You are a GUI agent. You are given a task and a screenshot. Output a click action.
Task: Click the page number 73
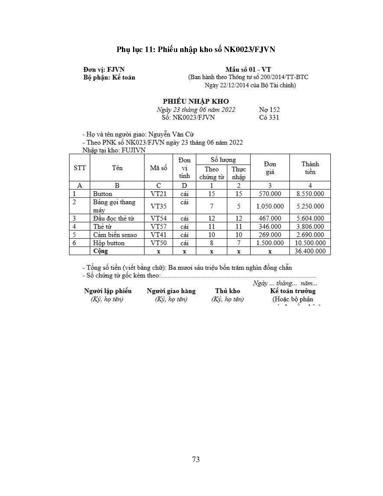tap(196, 459)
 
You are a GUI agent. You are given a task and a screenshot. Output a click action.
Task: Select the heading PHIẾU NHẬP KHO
tap(196, 101)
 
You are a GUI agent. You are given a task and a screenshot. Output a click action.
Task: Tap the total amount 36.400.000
tap(310, 251)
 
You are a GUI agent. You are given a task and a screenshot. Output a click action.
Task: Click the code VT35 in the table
tap(158, 206)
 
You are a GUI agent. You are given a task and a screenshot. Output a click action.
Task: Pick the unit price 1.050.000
tap(270, 206)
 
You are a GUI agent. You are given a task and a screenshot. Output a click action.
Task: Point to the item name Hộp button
tap(109, 243)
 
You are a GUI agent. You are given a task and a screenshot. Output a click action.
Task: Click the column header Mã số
tap(158, 168)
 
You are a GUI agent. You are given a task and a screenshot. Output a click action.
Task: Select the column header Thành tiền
tap(310, 168)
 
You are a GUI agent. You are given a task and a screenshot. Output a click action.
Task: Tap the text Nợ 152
tap(269, 110)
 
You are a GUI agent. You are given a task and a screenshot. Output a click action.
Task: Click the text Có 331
tap(269, 118)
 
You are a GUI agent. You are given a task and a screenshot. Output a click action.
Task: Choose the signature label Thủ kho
tap(227, 291)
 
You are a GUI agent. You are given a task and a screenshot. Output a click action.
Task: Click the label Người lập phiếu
tap(108, 291)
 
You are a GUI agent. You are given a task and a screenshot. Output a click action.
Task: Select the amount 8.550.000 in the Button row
tap(310, 194)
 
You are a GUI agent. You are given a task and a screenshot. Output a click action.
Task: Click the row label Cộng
tap(101, 251)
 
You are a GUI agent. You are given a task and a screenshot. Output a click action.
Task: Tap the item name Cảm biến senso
tap(115, 235)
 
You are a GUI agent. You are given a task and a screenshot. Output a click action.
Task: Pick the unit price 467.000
tap(270, 219)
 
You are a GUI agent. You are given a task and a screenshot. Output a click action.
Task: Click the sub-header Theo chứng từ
tap(211, 173)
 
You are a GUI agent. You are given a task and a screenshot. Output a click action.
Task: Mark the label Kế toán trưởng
tap(293, 291)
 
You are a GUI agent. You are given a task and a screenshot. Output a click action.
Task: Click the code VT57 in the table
tap(158, 227)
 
